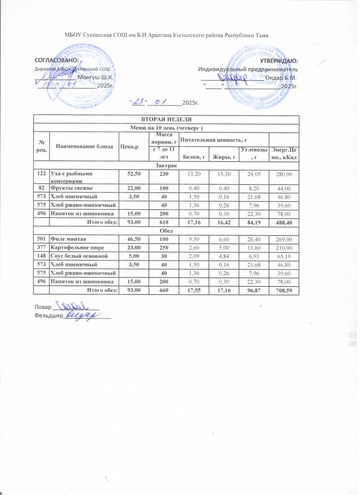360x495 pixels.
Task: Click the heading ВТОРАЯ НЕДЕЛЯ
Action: pyautogui.click(x=166, y=119)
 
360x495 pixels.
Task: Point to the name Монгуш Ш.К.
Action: pyautogui.click(x=95, y=77)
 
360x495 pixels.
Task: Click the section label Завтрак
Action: pyautogui.click(x=166, y=165)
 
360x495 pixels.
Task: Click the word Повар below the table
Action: pyautogui.click(x=43, y=307)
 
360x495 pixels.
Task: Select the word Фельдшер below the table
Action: pyautogui.click(x=49, y=316)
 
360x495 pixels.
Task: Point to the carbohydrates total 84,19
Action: pyautogui.click(x=251, y=222)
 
